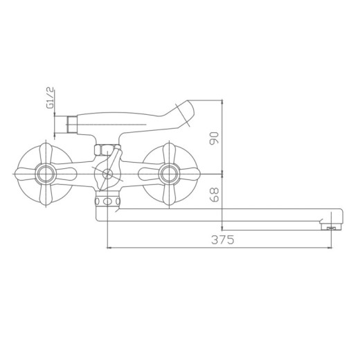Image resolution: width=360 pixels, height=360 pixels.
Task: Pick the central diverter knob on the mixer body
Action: (107, 173)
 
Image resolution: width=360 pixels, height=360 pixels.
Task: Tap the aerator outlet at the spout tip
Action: (332, 226)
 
